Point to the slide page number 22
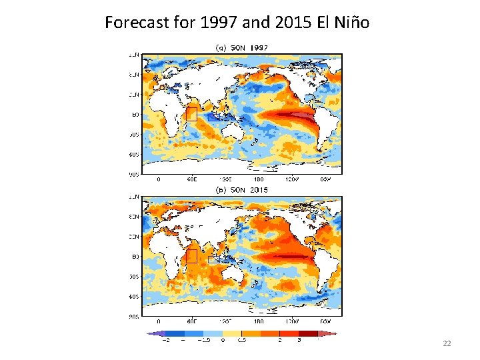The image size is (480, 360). point(447,343)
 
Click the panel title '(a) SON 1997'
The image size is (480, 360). point(241,47)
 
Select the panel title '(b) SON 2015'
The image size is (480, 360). point(241,190)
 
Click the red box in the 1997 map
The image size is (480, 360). point(191,114)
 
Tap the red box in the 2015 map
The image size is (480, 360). point(191,257)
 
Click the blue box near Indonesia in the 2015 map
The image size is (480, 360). point(215,260)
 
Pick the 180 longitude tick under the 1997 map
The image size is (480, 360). point(258,179)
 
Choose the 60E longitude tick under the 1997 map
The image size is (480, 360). point(191,179)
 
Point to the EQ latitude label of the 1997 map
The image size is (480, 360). point(135,115)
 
